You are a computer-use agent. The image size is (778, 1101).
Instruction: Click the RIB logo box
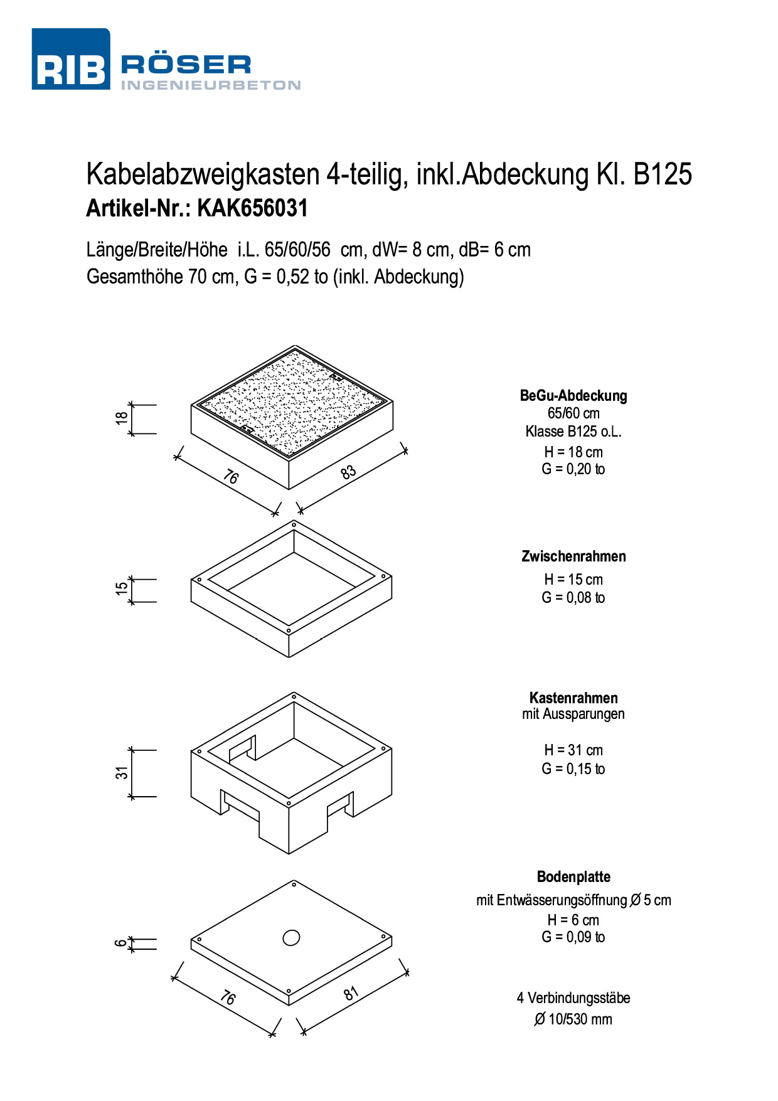click(70, 60)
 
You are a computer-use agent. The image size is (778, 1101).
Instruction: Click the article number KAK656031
click(252, 208)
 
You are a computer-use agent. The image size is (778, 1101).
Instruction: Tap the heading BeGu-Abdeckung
click(573, 396)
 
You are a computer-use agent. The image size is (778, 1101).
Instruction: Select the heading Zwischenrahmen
click(573, 556)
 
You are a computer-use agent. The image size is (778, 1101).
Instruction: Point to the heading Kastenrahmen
click(573, 698)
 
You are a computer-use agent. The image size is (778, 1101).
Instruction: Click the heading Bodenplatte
click(573, 877)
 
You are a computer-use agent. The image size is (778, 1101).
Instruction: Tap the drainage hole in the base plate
click(291, 938)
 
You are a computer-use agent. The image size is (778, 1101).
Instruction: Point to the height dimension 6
click(120, 944)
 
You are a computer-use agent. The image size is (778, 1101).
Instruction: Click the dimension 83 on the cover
click(348, 472)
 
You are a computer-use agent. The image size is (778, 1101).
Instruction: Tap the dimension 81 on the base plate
click(351, 993)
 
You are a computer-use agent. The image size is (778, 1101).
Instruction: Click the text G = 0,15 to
click(573, 769)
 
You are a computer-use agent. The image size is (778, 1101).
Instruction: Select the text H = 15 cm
click(573, 580)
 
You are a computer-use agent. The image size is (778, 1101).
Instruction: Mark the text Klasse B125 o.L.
click(573, 432)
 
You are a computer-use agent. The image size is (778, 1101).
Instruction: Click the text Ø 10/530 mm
click(573, 1019)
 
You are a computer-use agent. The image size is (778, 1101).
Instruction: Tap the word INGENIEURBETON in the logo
click(211, 85)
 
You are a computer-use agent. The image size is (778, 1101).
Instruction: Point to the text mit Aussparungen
click(573, 714)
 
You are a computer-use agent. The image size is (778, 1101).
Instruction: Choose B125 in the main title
click(663, 174)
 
